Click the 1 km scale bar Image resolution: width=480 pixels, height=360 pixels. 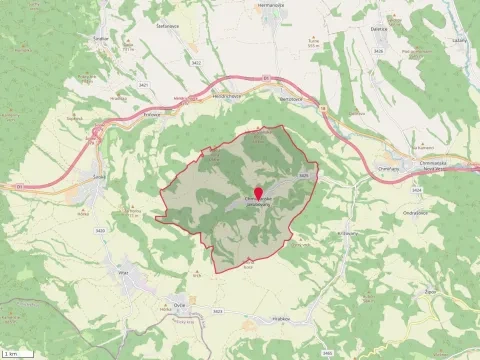pos(12,353)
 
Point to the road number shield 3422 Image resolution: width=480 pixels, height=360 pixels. pos(197,63)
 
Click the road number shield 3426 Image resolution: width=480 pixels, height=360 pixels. pos(301,175)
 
